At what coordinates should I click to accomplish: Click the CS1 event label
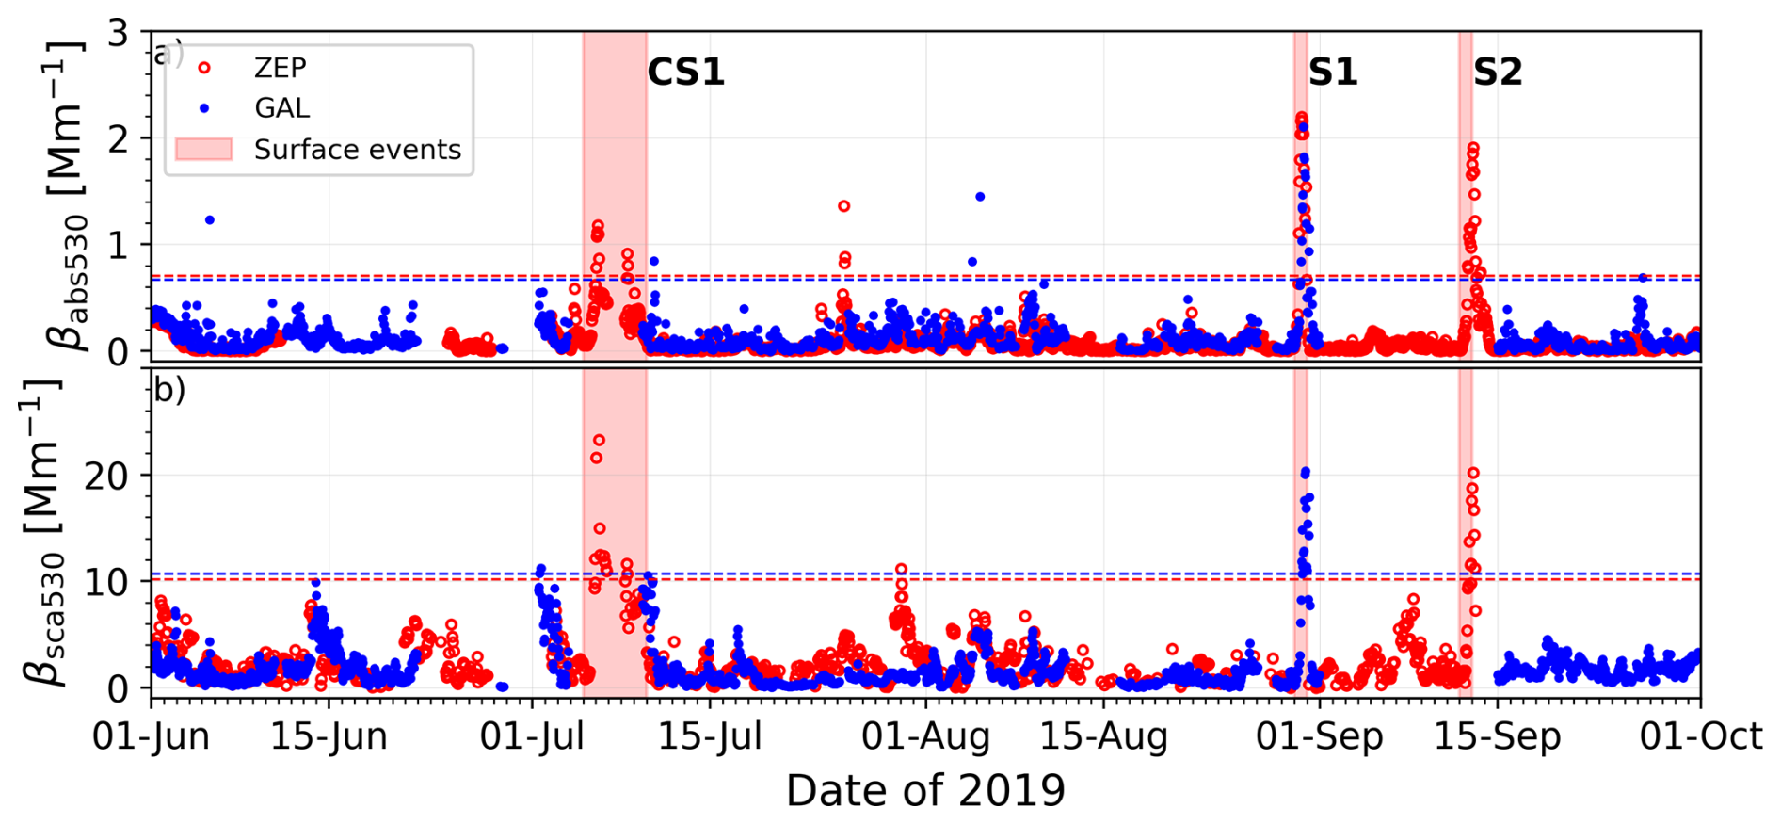pyautogui.click(x=685, y=73)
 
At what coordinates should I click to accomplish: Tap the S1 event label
pyautogui.click(x=1332, y=73)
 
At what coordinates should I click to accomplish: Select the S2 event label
pyautogui.click(x=1497, y=73)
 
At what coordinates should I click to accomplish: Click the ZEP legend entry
pyautogui.click(x=280, y=68)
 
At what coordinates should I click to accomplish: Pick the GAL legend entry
pyautogui.click(x=281, y=108)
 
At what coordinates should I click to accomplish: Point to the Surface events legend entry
pyautogui.click(x=357, y=150)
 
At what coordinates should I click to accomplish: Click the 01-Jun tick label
pyautogui.click(x=151, y=736)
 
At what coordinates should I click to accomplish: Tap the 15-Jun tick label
pyautogui.click(x=329, y=736)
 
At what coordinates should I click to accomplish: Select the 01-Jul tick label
pyautogui.click(x=532, y=736)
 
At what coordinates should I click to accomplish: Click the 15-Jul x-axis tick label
pyautogui.click(x=710, y=736)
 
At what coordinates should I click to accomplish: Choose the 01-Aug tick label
pyautogui.click(x=925, y=736)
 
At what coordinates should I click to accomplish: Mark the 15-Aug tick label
pyautogui.click(x=1103, y=736)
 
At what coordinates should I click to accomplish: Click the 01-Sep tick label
pyautogui.click(x=1319, y=736)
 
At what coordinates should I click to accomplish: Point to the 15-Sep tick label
pyautogui.click(x=1497, y=736)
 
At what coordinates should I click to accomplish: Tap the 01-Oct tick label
pyautogui.click(x=1700, y=736)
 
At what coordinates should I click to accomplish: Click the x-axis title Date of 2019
pyautogui.click(x=925, y=791)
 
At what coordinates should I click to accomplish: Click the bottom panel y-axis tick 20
pyautogui.click(x=106, y=476)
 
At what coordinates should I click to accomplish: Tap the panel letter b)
pyautogui.click(x=169, y=389)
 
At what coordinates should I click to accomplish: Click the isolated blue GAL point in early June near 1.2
pyautogui.click(x=210, y=220)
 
